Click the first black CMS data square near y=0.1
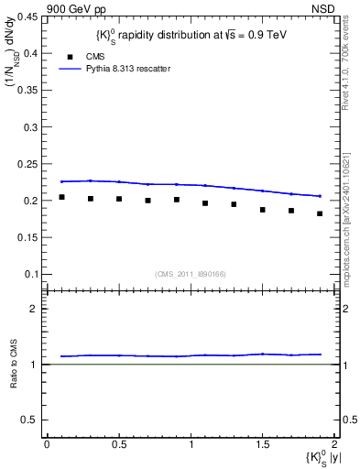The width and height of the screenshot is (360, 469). pyautogui.click(x=61, y=197)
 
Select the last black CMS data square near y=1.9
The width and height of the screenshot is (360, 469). pyautogui.click(x=320, y=213)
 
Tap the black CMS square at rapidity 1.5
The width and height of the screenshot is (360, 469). pyautogui.click(x=262, y=210)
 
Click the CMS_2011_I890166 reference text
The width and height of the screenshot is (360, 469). pyautogui.click(x=191, y=273)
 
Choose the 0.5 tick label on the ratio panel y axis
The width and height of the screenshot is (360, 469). pyautogui.click(x=33, y=420)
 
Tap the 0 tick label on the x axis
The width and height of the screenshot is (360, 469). pyautogui.click(x=47, y=444)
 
